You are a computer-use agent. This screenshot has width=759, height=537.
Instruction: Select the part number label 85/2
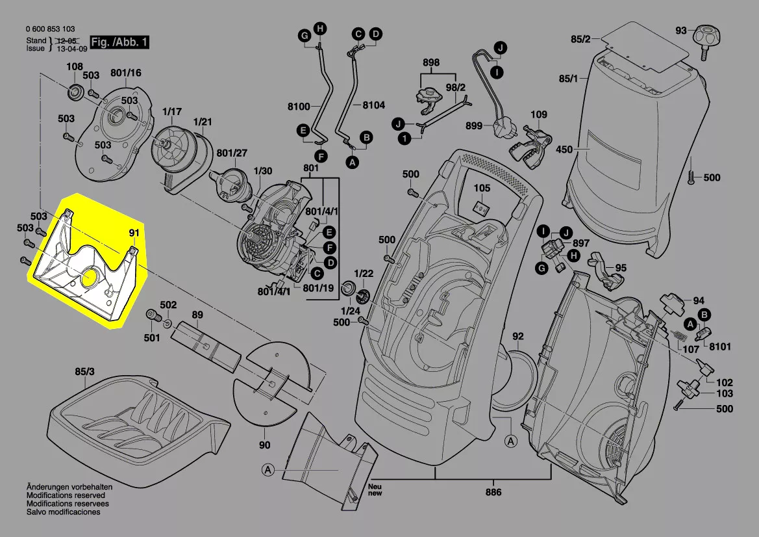[580, 40]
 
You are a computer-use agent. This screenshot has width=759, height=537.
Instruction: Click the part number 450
[564, 150]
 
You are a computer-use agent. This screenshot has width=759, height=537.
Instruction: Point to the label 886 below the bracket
[493, 492]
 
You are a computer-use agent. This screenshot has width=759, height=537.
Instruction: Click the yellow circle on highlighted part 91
[90, 278]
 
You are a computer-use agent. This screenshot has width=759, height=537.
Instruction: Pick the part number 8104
[373, 105]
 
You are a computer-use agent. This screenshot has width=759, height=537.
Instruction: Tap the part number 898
[431, 63]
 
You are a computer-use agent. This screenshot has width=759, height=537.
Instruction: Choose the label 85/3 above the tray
[84, 373]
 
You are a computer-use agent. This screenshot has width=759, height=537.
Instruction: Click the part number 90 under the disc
[264, 445]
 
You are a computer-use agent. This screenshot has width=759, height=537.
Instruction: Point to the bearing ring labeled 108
[75, 92]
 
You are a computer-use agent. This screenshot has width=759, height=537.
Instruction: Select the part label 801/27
[232, 153]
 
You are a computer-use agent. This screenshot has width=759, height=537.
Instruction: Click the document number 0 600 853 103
[50, 29]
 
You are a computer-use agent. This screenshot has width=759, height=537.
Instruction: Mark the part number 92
[517, 336]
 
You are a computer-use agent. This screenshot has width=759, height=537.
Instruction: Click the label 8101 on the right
[719, 347]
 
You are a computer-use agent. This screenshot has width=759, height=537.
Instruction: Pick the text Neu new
[375, 490]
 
